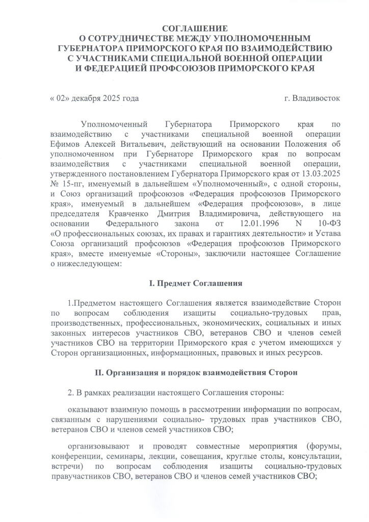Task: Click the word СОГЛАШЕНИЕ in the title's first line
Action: [x=196, y=29]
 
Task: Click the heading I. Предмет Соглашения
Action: [x=196, y=283]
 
